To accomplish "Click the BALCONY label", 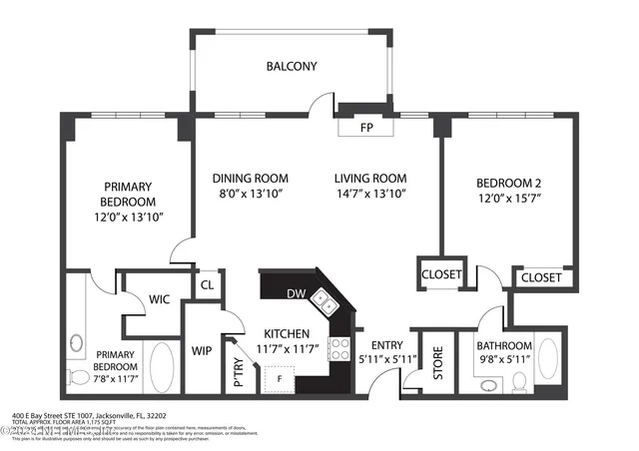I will [291, 67].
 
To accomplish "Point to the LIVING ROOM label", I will [369, 179].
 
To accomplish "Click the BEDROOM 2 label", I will [509, 183].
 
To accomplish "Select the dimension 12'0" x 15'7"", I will [509, 199].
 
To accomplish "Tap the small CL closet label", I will [208, 285].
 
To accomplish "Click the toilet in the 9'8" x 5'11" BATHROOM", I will [518, 381].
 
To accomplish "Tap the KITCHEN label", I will [287, 333].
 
